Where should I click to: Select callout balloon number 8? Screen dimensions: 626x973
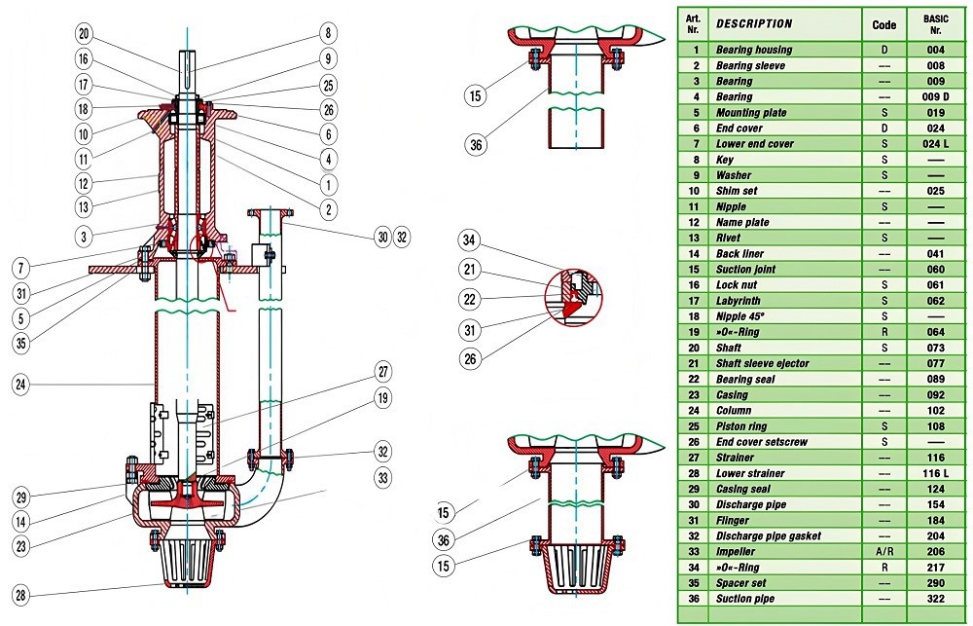coord(329,33)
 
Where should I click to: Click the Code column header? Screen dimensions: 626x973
coord(884,23)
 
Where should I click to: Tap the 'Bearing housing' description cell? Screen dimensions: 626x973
coord(754,50)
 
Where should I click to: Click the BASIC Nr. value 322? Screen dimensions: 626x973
coord(936,599)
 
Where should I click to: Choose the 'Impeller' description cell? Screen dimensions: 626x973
coord(741,552)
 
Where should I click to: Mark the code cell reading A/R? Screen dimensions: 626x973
coord(884,552)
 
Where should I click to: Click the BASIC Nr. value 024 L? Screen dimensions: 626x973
coord(936,144)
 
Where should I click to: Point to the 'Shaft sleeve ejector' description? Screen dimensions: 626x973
coord(762,363)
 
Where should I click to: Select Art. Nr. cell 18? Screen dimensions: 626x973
coord(694,316)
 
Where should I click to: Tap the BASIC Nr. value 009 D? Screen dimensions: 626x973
coord(936,97)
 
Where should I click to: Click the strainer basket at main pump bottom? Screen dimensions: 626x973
coord(184,560)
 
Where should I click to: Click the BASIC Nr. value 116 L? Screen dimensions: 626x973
coord(936,473)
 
